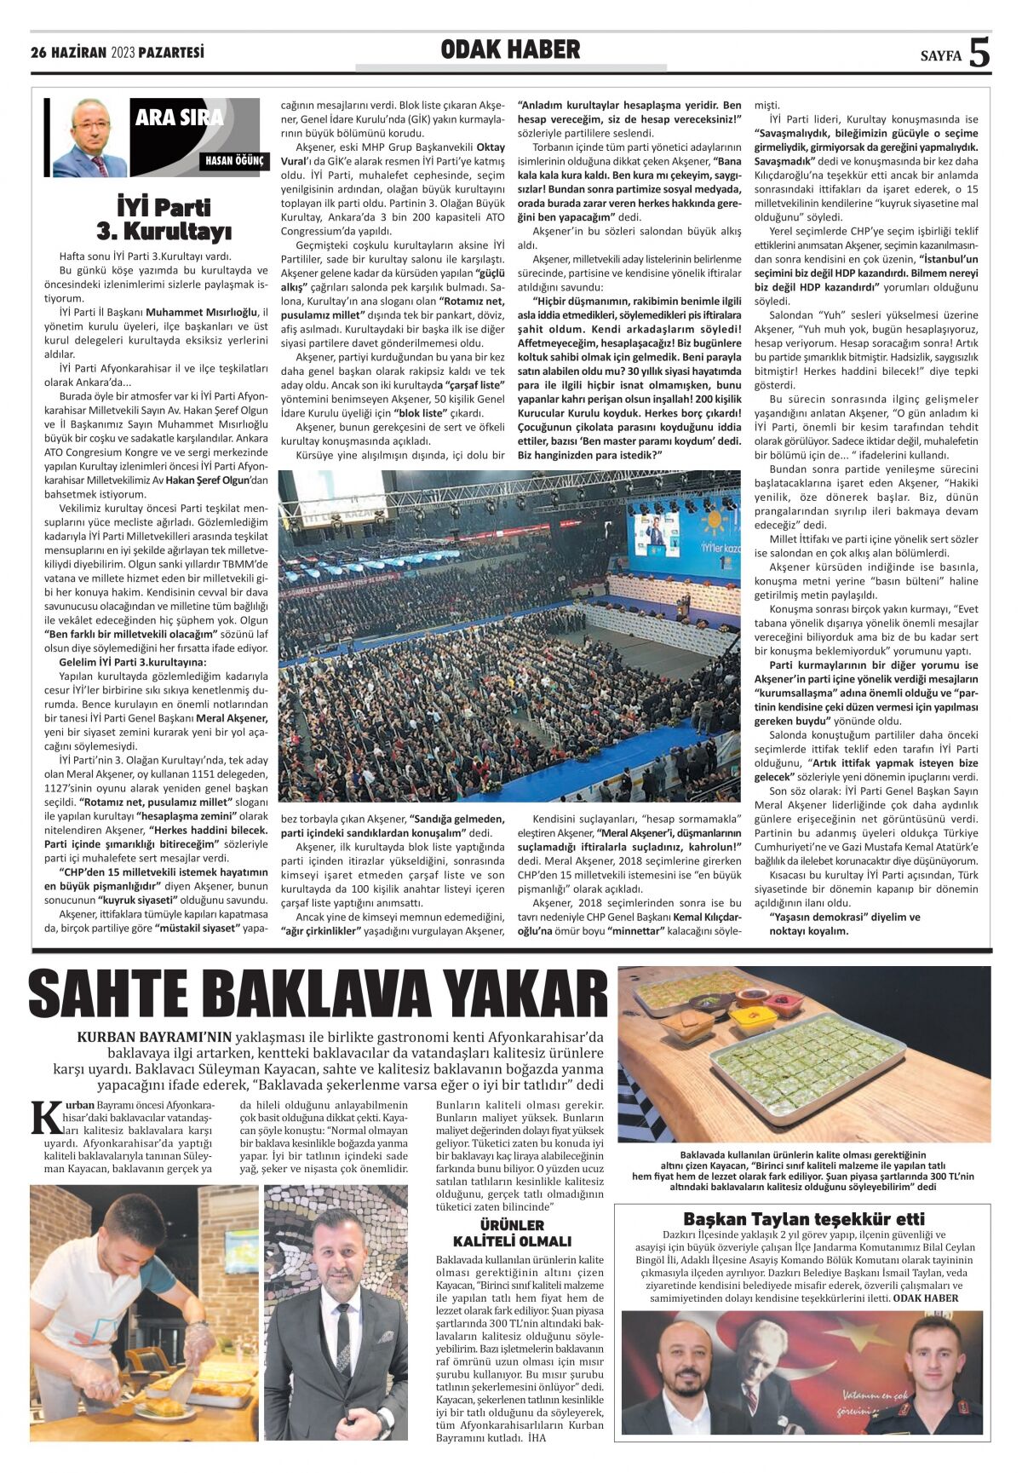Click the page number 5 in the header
(x=979, y=53)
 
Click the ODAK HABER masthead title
(x=510, y=50)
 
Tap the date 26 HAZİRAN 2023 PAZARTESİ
(x=118, y=53)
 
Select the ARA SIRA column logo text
(x=179, y=118)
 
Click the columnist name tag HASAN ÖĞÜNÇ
(x=234, y=160)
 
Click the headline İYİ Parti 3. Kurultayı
(x=164, y=219)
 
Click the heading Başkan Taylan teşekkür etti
(x=803, y=1219)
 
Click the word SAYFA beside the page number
(x=940, y=57)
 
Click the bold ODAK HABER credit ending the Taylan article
(x=925, y=1298)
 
